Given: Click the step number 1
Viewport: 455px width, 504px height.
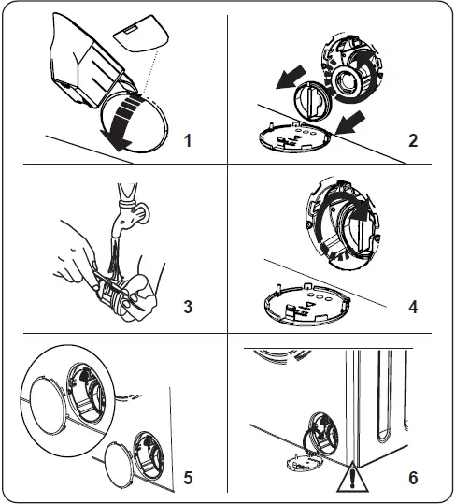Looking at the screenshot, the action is coord(188,141).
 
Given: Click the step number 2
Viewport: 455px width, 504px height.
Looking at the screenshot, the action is coord(413,141).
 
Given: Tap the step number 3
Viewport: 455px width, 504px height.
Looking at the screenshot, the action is coord(188,307).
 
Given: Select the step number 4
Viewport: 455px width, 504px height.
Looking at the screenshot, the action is coord(413,307).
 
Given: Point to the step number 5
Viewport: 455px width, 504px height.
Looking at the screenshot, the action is coord(188,478).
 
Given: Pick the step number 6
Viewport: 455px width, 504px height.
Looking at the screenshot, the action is coord(413,478).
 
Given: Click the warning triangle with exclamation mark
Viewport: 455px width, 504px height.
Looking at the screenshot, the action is coord(352,478).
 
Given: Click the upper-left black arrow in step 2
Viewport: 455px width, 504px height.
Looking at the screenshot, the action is coord(291,77).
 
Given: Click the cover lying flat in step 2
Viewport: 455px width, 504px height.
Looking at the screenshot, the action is coord(295,137).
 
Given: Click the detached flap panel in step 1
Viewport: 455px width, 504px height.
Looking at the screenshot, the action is coord(141,33).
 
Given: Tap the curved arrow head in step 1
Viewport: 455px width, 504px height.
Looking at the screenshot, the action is coord(116,140).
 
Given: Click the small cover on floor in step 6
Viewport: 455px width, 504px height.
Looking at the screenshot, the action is coord(304,462).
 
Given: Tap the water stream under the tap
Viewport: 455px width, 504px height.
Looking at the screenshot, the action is coord(117,257).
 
